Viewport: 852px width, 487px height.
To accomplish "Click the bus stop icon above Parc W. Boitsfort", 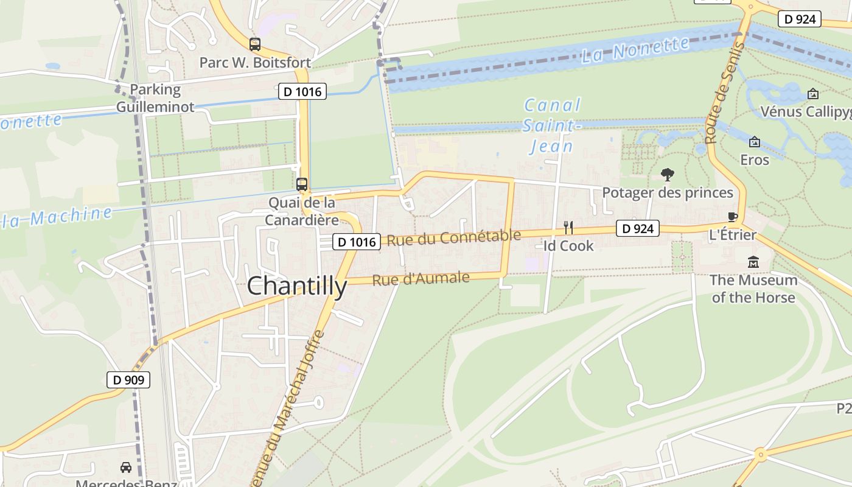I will coord(255,44).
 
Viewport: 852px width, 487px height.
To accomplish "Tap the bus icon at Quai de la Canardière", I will coord(302,184).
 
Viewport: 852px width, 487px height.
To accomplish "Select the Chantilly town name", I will coord(297,286).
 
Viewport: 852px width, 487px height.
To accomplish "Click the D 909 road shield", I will coord(128,380).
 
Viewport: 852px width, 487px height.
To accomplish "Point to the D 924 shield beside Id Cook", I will coord(638,228).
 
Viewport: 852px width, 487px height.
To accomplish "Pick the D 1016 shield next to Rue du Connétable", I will coord(357,242).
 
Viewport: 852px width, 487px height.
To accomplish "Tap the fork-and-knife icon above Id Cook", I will coord(568,228).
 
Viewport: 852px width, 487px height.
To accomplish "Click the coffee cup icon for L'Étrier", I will coord(733,217).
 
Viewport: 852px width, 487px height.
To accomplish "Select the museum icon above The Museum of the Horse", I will coord(753,262).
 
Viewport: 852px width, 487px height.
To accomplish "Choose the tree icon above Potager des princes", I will coord(668,175).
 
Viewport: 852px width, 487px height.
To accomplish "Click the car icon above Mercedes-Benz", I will coord(126,468).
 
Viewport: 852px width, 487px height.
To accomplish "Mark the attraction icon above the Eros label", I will coord(755,142).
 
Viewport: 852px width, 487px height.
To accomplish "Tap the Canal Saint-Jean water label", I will coord(552,125).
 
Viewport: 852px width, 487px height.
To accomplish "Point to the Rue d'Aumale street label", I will coord(421,279).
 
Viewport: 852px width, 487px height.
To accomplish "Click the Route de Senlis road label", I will coord(724,93).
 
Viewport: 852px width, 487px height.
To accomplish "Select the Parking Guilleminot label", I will coord(155,98).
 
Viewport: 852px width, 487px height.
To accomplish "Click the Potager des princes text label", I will coord(668,193).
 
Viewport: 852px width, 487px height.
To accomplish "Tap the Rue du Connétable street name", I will coord(454,237).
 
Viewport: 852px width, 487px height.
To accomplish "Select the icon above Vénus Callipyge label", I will coord(812,94).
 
